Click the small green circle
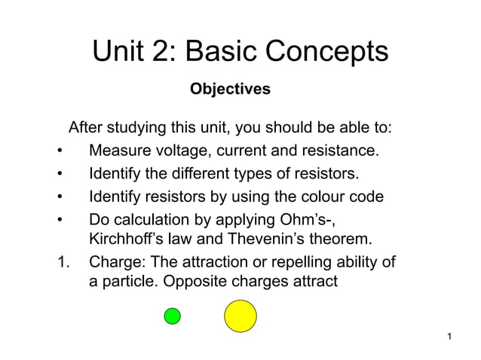click(173, 316)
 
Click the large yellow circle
click(240, 316)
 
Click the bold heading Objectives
click(230, 90)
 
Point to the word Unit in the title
click(118, 52)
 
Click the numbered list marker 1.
click(63, 264)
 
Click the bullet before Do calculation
click(60, 221)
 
